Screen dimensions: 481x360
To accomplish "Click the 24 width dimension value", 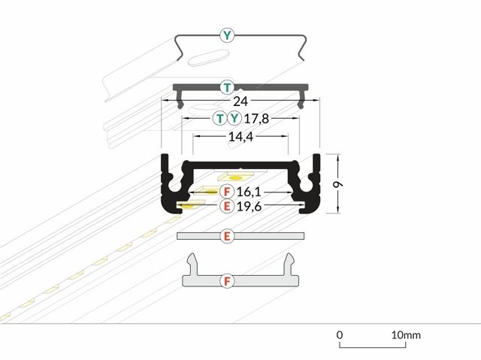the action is tap(240, 101).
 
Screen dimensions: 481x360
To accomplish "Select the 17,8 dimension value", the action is tap(256, 118).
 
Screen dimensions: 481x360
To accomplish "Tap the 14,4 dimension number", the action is tap(240, 137).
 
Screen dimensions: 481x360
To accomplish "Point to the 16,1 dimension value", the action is tap(249, 192).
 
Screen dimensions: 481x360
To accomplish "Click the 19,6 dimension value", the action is tap(249, 207).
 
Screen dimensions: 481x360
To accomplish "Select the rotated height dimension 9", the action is tap(338, 184).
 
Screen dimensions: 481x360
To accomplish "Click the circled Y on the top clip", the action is tap(227, 35).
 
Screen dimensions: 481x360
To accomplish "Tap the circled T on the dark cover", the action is tap(227, 88).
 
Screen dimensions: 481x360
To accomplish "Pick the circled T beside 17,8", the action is tap(220, 118).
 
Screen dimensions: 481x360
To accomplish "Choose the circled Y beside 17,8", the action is tap(234, 118).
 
